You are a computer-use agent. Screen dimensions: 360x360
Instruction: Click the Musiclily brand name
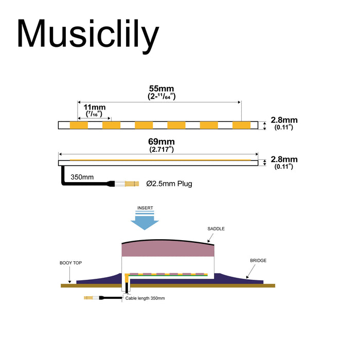pyautogui.click(x=88, y=35)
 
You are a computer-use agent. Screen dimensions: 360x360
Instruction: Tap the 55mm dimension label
pyautogui.click(x=159, y=88)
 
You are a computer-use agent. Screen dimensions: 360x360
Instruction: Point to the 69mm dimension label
pyautogui.click(x=159, y=142)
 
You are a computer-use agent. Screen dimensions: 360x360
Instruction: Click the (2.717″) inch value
pyautogui.click(x=159, y=150)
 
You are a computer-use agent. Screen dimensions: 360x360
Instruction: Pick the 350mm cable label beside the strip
pyautogui.click(x=82, y=177)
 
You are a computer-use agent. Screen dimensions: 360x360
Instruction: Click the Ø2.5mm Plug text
pyautogui.click(x=169, y=183)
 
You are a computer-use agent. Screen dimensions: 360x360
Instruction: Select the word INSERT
pyautogui.click(x=146, y=208)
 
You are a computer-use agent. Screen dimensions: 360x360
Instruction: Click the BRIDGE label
pyautogui.click(x=258, y=261)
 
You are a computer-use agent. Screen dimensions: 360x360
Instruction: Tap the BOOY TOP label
pyautogui.click(x=70, y=263)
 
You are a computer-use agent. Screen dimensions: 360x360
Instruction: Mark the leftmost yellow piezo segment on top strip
pyautogui.click(x=80, y=125)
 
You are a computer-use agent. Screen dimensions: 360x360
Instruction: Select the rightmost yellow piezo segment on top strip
pyautogui.click(x=241, y=125)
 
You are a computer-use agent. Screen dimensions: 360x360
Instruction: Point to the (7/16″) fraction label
pyautogui.click(x=93, y=113)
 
